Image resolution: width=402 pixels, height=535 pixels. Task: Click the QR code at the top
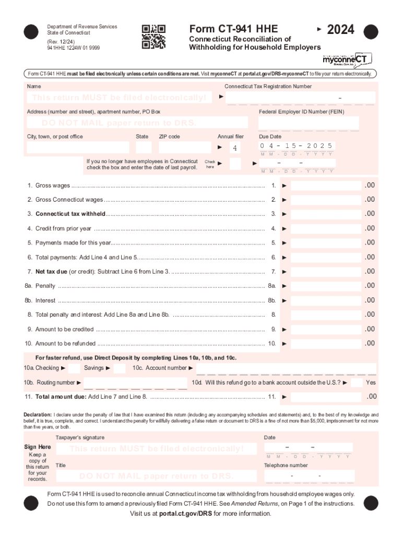(153, 37)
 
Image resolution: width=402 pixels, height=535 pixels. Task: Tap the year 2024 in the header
(340, 30)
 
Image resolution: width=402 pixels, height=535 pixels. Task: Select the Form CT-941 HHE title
(233, 29)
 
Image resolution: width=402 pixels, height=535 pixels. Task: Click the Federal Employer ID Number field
(309, 123)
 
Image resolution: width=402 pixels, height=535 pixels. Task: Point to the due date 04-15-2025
(297, 146)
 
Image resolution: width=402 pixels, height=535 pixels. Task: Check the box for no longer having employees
(235, 164)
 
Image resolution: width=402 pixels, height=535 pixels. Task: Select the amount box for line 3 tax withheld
(326, 214)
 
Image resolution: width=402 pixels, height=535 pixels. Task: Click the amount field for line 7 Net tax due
(326, 272)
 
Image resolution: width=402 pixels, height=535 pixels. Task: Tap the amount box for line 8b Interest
(326, 300)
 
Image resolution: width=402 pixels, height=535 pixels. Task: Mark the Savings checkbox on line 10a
(120, 368)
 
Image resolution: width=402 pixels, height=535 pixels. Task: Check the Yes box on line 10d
(356, 382)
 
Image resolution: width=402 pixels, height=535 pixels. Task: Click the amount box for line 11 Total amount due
(326, 397)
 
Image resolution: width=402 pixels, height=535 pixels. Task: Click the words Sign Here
(38, 447)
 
